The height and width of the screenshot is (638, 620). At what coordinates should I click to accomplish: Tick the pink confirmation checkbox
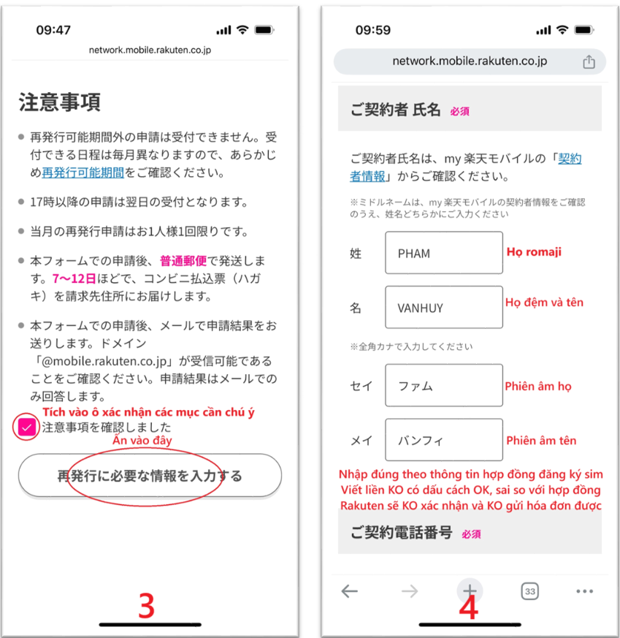pyautogui.click(x=27, y=428)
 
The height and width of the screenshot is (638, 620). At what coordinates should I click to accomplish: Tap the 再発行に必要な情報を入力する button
pyautogui.click(x=150, y=475)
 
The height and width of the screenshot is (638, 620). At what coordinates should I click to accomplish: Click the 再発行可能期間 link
pyautogui.click(x=83, y=172)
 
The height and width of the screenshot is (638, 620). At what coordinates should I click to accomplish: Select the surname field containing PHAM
pyautogui.click(x=444, y=253)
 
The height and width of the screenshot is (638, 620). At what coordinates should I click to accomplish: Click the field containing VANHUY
pyautogui.click(x=444, y=307)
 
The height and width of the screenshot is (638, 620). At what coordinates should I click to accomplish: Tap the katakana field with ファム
pyautogui.click(x=444, y=385)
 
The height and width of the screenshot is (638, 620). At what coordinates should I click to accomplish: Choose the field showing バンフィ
pyautogui.click(x=444, y=440)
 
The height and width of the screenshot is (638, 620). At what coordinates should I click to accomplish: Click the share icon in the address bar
pyautogui.click(x=589, y=62)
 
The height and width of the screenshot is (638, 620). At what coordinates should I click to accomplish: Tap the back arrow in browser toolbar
pyautogui.click(x=350, y=591)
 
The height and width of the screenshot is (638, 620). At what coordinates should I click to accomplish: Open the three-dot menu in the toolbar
pyautogui.click(x=585, y=591)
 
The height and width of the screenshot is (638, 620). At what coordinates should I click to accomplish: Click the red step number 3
pyautogui.click(x=146, y=606)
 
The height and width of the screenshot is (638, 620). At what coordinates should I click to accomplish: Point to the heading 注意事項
pyautogui.click(x=59, y=102)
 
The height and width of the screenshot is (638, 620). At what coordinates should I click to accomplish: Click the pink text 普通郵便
pyautogui.click(x=183, y=260)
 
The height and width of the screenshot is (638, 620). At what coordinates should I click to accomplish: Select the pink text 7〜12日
pyautogui.click(x=74, y=278)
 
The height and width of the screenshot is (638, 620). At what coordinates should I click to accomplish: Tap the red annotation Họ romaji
pyautogui.click(x=534, y=252)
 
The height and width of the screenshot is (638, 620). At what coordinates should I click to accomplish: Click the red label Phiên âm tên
pyautogui.click(x=541, y=440)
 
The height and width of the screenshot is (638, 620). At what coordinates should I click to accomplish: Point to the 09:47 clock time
pyautogui.click(x=53, y=30)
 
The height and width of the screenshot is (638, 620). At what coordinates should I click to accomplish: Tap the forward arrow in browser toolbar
pyautogui.click(x=410, y=591)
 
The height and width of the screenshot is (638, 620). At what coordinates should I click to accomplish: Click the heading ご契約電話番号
pyautogui.click(x=402, y=532)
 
